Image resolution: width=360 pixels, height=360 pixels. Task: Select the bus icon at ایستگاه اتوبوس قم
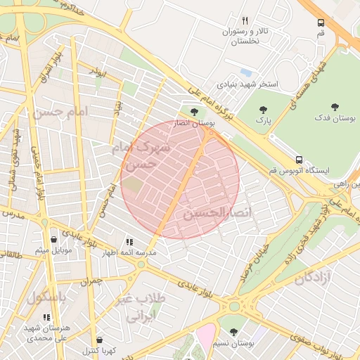click(x=300, y=160)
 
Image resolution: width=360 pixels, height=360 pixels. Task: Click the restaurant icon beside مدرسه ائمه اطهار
click(x=129, y=241)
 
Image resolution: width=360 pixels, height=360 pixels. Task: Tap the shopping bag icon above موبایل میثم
click(x=53, y=239)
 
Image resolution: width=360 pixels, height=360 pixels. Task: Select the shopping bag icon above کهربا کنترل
click(x=98, y=340)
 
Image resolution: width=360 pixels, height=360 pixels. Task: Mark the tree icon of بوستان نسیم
click(x=233, y=332)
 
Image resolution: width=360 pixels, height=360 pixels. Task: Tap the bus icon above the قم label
click(x=321, y=22)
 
